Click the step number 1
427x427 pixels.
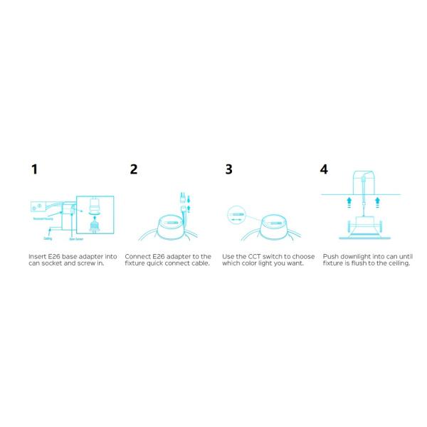click(x=33, y=169)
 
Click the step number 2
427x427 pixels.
click(x=134, y=169)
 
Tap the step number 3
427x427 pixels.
click(x=228, y=169)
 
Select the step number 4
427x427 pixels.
click(x=325, y=169)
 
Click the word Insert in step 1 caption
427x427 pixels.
click(x=36, y=255)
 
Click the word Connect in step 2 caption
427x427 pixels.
click(x=137, y=255)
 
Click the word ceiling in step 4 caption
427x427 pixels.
click(x=399, y=263)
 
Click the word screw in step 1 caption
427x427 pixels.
click(x=83, y=263)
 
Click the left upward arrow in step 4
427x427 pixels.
click(x=347, y=201)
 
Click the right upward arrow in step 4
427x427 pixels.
click(x=387, y=201)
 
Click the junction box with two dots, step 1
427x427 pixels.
click(x=36, y=207)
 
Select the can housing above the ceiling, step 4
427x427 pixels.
click(x=367, y=182)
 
